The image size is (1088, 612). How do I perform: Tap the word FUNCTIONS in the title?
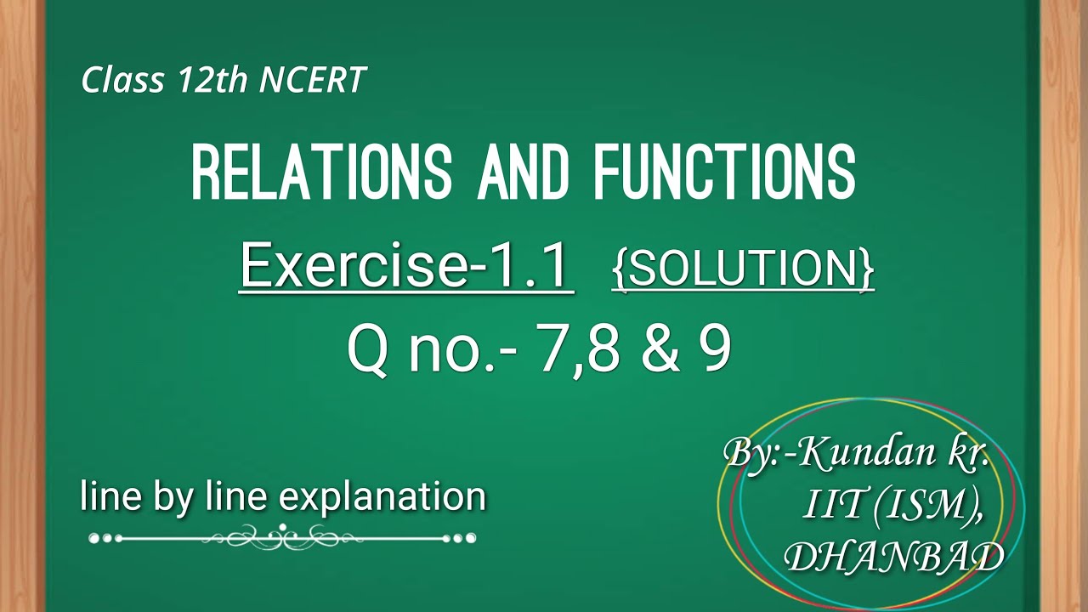(x=725, y=172)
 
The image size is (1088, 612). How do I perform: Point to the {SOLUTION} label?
(x=742, y=269)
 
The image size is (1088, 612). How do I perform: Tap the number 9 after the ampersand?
(x=715, y=350)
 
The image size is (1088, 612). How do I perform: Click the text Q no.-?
(x=433, y=350)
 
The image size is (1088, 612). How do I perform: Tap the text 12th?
(x=212, y=80)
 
